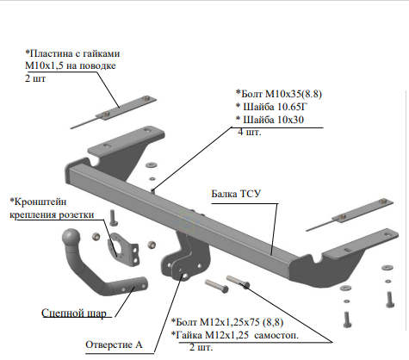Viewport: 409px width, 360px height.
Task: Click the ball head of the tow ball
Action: point(71,238)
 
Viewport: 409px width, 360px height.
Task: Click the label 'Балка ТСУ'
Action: point(236,194)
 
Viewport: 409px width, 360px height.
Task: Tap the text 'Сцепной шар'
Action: point(74,313)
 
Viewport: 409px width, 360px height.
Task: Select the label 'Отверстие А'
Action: point(114,344)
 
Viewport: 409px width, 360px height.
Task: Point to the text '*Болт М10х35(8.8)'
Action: point(279,94)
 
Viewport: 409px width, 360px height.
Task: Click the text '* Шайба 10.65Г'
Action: point(271,107)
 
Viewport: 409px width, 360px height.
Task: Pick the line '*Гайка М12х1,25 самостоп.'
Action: point(235,335)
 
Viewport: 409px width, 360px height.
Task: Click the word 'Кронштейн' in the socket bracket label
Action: point(38,202)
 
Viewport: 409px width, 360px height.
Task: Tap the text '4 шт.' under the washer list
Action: point(250,133)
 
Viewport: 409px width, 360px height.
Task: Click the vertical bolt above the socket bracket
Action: point(114,218)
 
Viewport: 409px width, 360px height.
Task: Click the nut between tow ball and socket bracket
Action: point(96,237)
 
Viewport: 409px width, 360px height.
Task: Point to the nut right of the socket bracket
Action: point(152,245)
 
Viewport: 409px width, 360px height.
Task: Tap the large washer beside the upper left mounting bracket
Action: point(151,165)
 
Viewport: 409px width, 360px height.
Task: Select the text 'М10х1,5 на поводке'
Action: point(71,65)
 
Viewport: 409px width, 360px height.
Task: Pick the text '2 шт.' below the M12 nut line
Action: point(201,347)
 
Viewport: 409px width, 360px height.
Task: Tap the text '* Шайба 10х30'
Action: point(270,120)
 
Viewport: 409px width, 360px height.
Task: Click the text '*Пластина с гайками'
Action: point(72,53)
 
